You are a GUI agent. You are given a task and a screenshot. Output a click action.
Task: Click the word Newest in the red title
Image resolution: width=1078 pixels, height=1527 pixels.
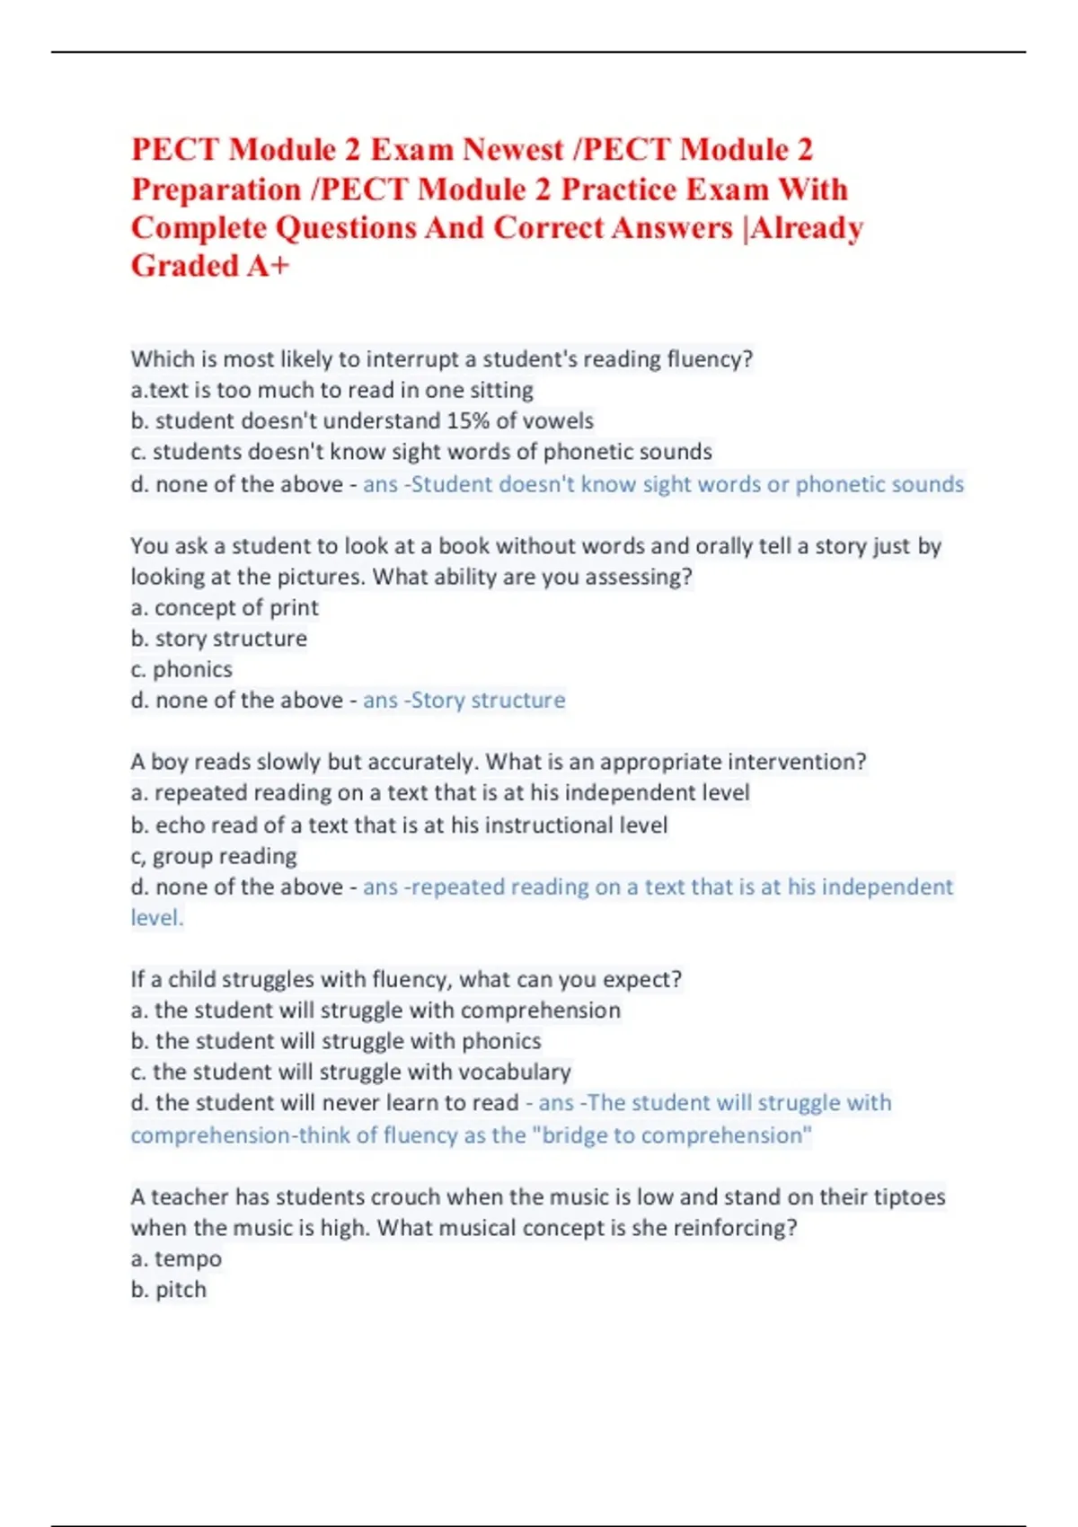point(513,149)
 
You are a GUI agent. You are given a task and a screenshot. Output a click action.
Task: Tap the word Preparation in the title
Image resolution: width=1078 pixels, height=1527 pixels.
point(216,190)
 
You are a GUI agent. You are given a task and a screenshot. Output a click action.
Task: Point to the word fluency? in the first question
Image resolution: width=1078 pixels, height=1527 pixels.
point(709,359)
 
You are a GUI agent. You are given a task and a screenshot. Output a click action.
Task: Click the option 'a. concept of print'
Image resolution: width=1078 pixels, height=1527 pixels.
point(225,608)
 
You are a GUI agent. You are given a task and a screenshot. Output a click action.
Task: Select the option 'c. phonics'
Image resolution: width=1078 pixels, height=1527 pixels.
point(181,669)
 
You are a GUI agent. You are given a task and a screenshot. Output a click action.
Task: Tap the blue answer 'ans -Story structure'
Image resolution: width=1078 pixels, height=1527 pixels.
point(464,701)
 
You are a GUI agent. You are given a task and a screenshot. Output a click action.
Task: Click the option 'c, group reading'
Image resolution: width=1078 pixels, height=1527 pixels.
point(214,856)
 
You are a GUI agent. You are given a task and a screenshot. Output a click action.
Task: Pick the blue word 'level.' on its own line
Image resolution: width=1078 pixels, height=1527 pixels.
point(157,918)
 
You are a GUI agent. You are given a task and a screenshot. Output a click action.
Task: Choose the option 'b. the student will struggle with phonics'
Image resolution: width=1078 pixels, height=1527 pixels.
point(336,1041)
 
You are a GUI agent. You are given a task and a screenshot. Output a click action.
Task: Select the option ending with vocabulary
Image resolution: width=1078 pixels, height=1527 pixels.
point(350,1072)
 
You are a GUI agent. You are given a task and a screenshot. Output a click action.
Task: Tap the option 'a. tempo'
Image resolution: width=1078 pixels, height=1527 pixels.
point(176,1258)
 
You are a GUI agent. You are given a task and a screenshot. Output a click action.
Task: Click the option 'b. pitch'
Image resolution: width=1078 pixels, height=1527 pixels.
point(169,1290)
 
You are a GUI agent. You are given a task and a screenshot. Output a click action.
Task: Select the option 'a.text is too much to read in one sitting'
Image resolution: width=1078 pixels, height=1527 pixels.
point(332,390)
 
